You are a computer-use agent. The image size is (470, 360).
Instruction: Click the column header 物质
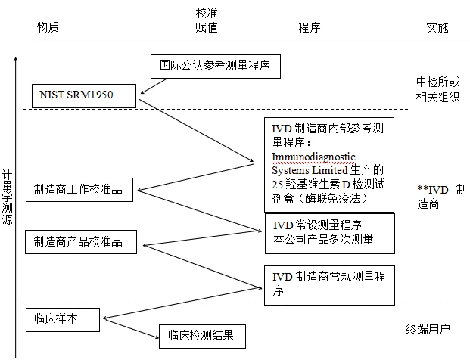tap(48, 27)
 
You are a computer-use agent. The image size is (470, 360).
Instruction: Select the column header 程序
tap(309, 27)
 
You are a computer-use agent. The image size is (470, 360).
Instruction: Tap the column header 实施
tap(437, 27)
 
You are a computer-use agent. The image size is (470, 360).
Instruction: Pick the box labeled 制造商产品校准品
tap(84, 242)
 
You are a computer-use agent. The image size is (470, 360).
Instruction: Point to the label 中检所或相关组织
tap(437, 88)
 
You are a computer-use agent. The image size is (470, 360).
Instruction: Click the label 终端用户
tap(428, 329)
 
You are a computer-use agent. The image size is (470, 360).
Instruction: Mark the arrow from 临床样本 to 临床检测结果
tap(129, 329)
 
